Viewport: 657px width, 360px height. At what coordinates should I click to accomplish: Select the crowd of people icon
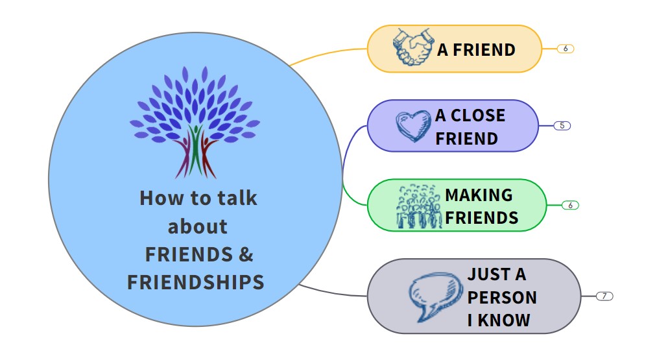click(418, 206)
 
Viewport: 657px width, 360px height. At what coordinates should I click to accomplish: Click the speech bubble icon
click(433, 296)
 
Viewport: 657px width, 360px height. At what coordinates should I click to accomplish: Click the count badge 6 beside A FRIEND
click(566, 49)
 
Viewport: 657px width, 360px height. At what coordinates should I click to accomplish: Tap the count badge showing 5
click(562, 125)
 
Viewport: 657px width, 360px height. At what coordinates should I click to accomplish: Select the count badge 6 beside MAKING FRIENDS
click(570, 205)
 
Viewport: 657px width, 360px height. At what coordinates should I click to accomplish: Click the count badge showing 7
click(604, 296)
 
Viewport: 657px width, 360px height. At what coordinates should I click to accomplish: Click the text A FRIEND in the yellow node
click(476, 49)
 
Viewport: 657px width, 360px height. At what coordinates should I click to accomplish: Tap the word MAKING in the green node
click(479, 195)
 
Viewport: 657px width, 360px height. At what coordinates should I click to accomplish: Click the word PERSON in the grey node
click(502, 297)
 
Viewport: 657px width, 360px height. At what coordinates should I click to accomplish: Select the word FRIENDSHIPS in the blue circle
click(196, 282)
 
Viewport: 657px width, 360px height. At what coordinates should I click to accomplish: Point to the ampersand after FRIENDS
click(246, 254)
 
